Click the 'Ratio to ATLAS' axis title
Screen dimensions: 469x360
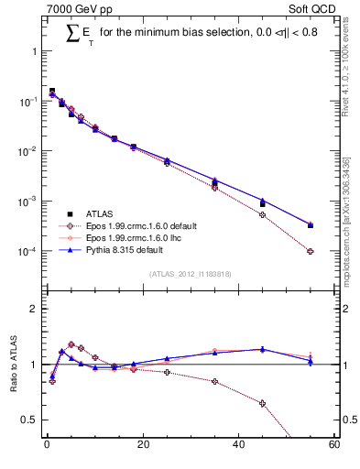[x=14, y=364]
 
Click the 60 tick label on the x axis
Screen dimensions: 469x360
[x=334, y=447]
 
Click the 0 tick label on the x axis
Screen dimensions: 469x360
[x=47, y=447]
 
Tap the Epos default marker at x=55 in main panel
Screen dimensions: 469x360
[x=311, y=251]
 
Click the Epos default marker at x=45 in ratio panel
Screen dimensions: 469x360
[x=263, y=403]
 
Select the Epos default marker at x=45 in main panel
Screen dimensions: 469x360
[x=263, y=214]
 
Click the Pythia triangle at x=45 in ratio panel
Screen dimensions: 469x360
[x=263, y=349]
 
